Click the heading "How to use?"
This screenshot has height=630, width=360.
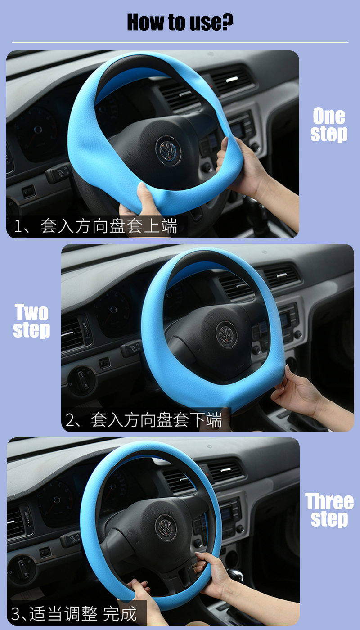[180, 22]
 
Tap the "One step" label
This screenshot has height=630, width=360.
[329, 124]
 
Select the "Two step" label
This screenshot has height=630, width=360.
[31, 320]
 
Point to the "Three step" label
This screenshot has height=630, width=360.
[329, 509]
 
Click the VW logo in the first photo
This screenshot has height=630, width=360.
[168, 151]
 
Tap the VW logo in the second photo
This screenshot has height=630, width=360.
[226, 334]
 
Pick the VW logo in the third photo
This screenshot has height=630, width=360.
[166, 527]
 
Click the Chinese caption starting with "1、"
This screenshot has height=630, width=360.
[95, 226]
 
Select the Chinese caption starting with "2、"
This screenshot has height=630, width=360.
[144, 420]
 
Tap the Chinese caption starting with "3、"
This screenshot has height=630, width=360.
[74, 614]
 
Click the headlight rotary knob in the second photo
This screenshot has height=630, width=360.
[81, 380]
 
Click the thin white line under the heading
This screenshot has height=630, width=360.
[180, 42]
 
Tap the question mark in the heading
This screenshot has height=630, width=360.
[227, 22]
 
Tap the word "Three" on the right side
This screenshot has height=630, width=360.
[329, 501]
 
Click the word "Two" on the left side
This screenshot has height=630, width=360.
[31, 312]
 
